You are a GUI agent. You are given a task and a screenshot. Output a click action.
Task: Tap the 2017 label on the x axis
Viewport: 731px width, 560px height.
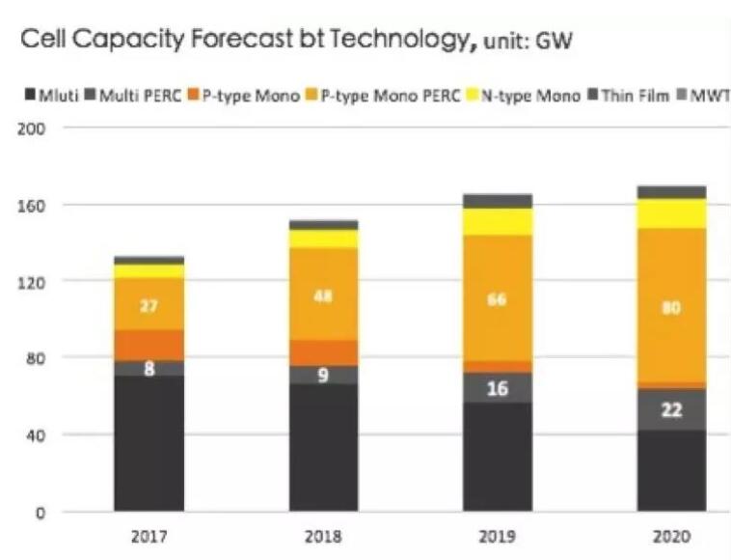point(149,536)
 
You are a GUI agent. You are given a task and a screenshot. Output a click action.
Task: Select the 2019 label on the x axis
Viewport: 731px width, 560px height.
point(497,536)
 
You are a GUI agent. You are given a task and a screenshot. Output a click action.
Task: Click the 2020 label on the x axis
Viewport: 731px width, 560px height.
point(671,536)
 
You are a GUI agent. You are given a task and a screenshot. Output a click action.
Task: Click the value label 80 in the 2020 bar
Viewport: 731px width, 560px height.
point(671,308)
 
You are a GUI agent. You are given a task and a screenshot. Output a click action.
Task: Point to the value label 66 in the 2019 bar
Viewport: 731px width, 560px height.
point(497,299)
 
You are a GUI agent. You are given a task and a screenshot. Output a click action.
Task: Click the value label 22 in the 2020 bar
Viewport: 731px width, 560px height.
point(671,409)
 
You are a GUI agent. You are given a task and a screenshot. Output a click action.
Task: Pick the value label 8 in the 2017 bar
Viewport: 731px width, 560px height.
point(149,368)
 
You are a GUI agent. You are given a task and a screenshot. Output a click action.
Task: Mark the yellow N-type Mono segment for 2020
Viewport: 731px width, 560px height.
point(671,213)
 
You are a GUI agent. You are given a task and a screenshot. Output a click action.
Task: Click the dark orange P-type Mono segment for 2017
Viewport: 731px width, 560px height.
point(149,345)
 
